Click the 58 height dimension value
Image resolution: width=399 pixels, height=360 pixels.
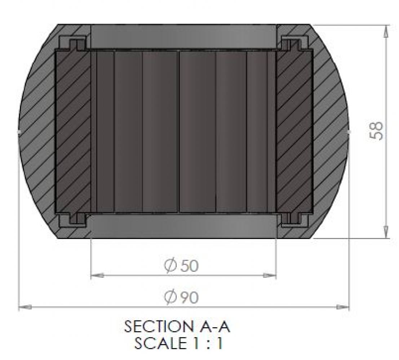[x=376, y=131]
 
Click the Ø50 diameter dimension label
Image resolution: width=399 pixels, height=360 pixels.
[x=181, y=266]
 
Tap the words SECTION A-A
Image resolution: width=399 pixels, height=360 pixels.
[x=177, y=327]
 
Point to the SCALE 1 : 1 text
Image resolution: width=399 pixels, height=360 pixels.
[x=178, y=343]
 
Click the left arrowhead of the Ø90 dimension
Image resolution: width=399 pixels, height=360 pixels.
[x=25, y=307]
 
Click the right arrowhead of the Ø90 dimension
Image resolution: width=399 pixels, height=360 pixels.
[x=342, y=307]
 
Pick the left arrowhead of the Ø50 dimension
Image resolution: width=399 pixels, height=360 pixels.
[x=97, y=275]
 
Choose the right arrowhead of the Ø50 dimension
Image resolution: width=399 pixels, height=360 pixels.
[x=270, y=275]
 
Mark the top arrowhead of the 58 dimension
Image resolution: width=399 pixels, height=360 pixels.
[x=386, y=32]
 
